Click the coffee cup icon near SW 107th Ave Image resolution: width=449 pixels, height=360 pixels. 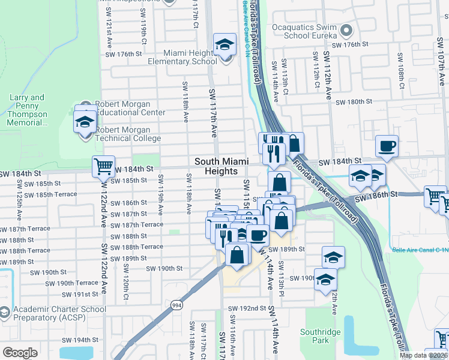(x=387, y=145)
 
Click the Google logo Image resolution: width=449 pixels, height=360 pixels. (x=20, y=352)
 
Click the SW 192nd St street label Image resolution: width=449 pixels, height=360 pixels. (x=247, y=308)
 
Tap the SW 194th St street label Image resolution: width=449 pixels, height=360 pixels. (x=77, y=340)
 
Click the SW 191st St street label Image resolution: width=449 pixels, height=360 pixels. (x=77, y=295)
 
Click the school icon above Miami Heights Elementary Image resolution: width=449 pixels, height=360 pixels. (x=225, y=45)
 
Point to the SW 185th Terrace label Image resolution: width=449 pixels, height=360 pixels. (x=55, y=194)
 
